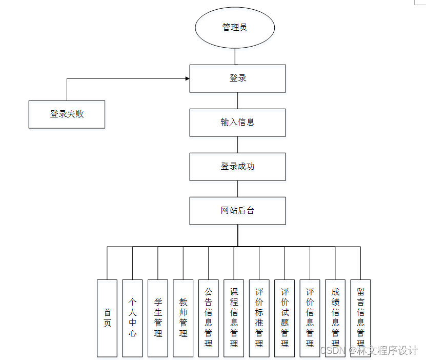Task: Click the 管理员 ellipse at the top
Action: pyautogui.click(x=235, y=27)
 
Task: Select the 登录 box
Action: pyautogui.click(x=237, y=78)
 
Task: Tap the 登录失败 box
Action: pyautogui.click(x=67, y=114)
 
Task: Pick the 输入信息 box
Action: pyautogui.click(x=237, y=123)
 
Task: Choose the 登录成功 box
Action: pyautogui.click(x=237, y=167)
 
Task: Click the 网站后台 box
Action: pyautogui.click(x=237, y=211)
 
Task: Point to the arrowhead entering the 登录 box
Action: pyautogui.click(x=187, y=78)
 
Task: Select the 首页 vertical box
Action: pyautogui.click(x=107, y=318)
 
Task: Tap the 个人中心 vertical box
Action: pyautogui.click(x=132, y=318)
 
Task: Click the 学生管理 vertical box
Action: pyautogui.click(x=158, y=318)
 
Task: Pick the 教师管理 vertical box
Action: pyautogui.click(x=183, y=318)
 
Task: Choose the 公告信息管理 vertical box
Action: pyautogui.click(x=209, y=318)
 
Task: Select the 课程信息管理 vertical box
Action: pyautogui.click(x=234, y=318)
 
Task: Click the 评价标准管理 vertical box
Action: pyautogui.click(x=259, y=318)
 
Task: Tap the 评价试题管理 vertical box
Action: pyautogui.click(x=285, y=318)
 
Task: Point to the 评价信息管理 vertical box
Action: pyautogui.click(x=310, y=318)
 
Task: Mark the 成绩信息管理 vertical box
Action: pyautogui.click(x=335, y=318)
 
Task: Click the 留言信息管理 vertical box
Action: pyautogui.click(x=360, y=318)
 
